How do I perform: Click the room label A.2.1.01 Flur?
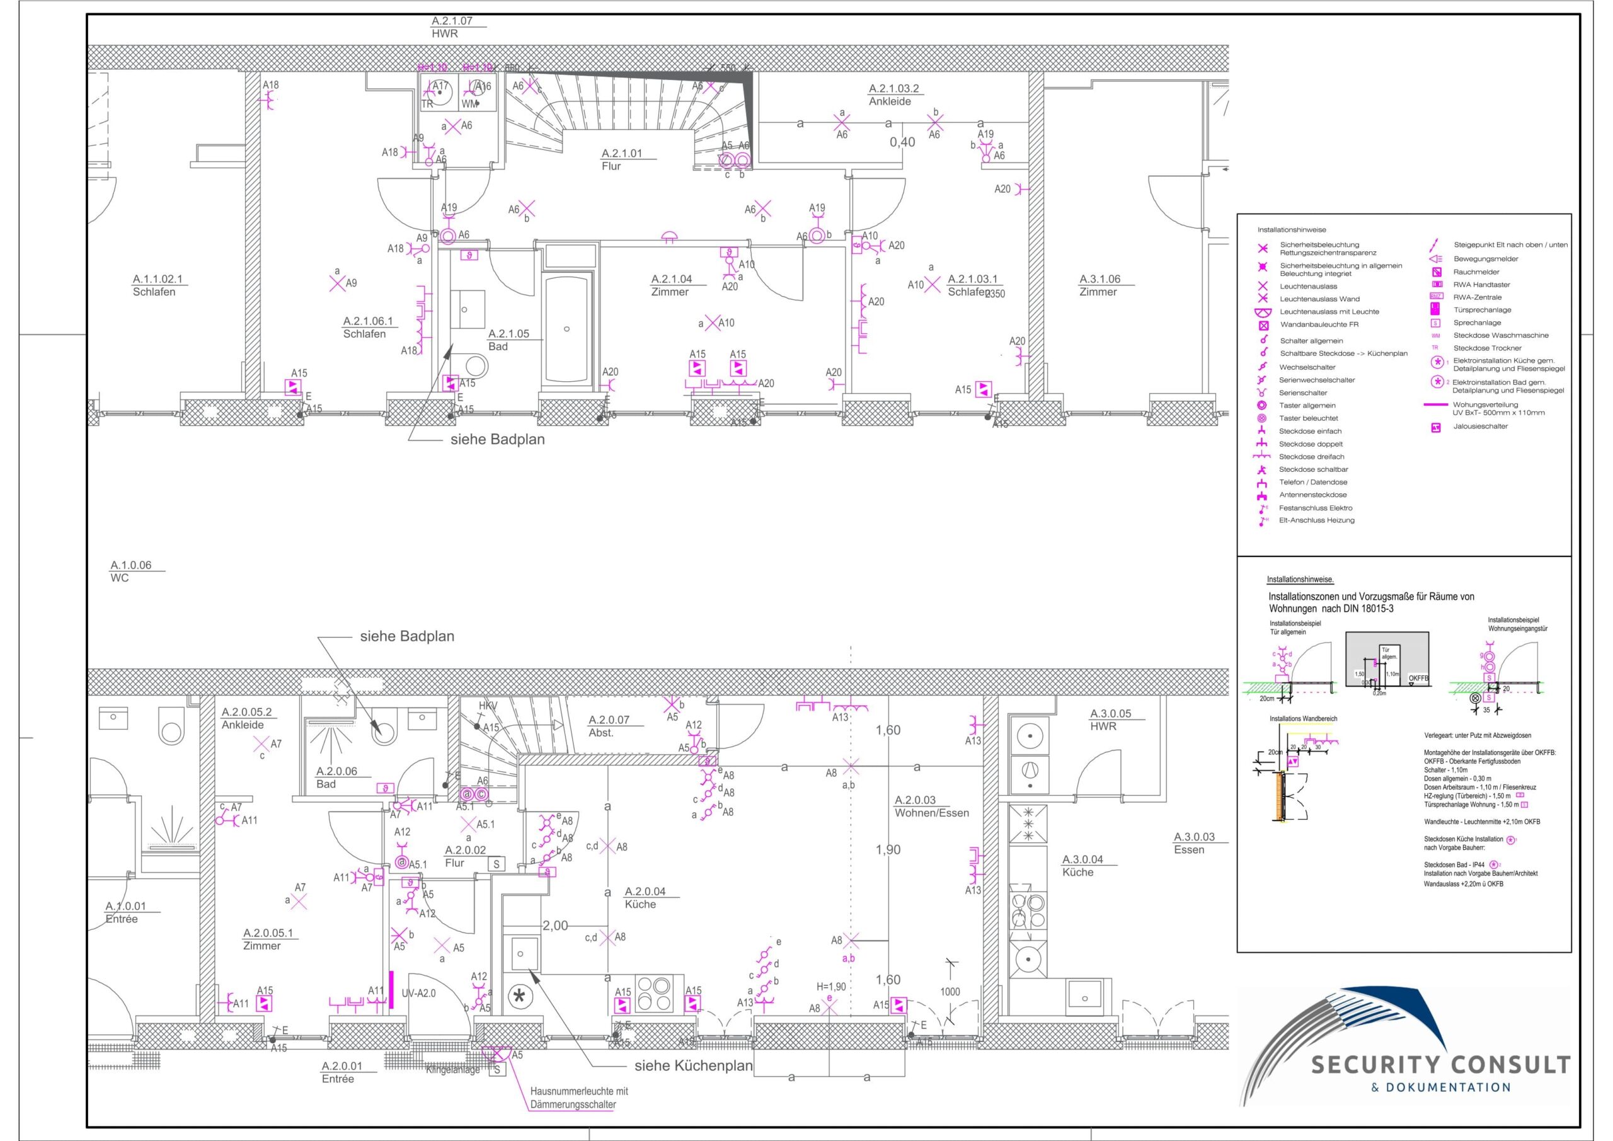[621, 159]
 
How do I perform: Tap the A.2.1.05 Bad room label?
[508, 340]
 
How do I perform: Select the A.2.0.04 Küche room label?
[645, 898]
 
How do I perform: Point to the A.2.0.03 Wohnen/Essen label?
[931, 806]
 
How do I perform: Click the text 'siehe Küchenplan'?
[692, 1066]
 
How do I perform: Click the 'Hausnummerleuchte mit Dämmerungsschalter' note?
[579, 1098]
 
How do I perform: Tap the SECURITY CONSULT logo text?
[1440, 1065]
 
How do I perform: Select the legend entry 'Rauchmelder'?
[1476, 272]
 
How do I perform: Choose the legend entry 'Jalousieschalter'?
[1480, 427]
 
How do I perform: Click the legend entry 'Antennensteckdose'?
[1312, 495]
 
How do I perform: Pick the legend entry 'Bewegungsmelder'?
[1485, 258]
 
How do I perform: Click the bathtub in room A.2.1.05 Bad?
[566, 329]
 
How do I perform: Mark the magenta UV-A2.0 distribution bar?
[391, 989]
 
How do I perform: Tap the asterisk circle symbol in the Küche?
[520, 995]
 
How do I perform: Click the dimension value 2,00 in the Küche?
[554, 926]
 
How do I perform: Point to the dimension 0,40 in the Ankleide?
[902, 142]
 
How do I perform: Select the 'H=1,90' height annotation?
[831, 987]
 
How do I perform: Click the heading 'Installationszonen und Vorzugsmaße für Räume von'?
[1370, 597]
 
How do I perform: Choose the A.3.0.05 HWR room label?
[1110, 720]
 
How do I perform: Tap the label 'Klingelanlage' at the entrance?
[452, 1070]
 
